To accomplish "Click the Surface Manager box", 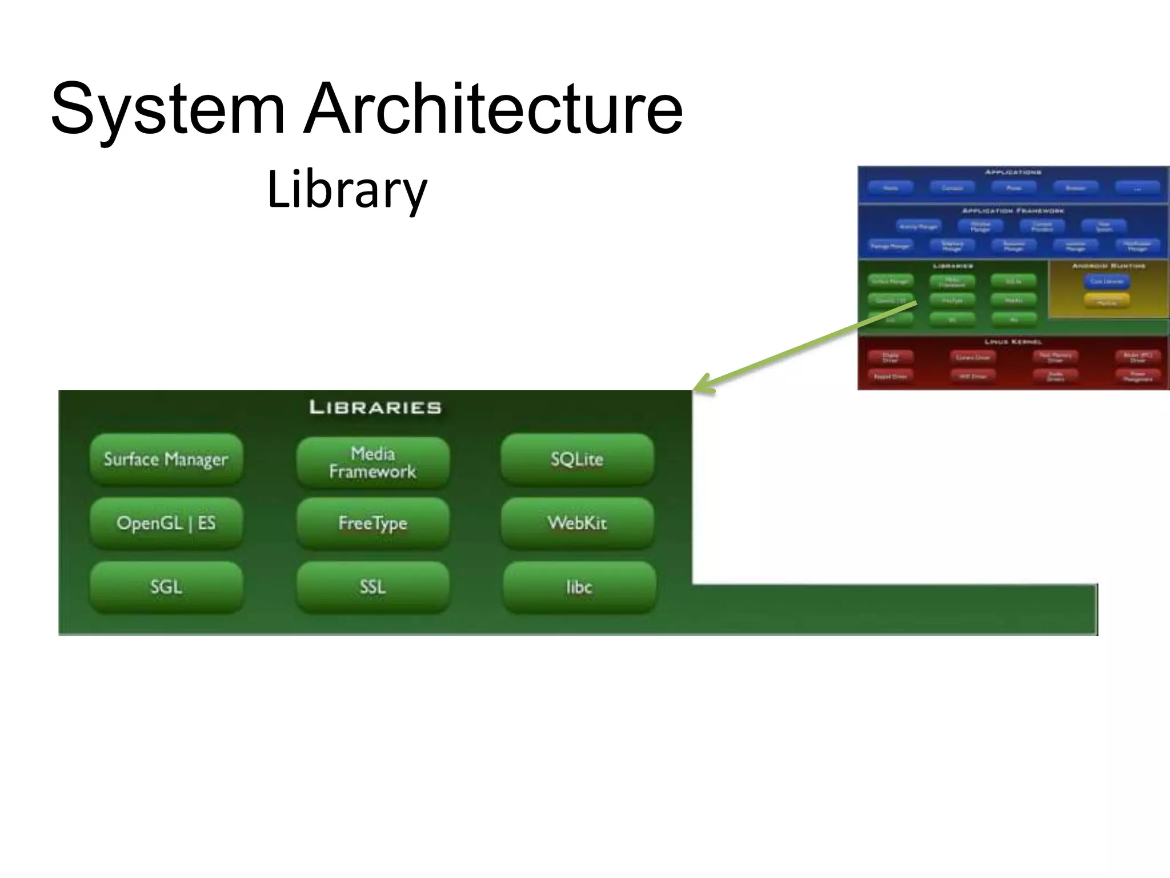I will pos(166,459).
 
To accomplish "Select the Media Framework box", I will pos(372,462).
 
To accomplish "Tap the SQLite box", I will pos(577,459).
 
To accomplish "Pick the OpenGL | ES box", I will pos(166,523).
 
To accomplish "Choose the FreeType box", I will pos(372,523).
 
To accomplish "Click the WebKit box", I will pos(577,523).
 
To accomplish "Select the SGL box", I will pos(166,587).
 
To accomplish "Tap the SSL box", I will pos(372,587).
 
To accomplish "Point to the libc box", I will pos(579,587).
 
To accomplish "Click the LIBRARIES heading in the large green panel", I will pos(375,408).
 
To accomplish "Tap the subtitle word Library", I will pos(347,190).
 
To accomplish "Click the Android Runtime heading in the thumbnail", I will pos(1108,266).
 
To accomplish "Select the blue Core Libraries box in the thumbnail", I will pos(1107,281).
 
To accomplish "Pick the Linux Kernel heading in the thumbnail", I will pos(1013,341).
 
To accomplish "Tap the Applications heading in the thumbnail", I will pos(1013,172).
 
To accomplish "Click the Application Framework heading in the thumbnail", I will pos(1013,211).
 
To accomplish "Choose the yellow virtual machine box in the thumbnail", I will pos(1107,300).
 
